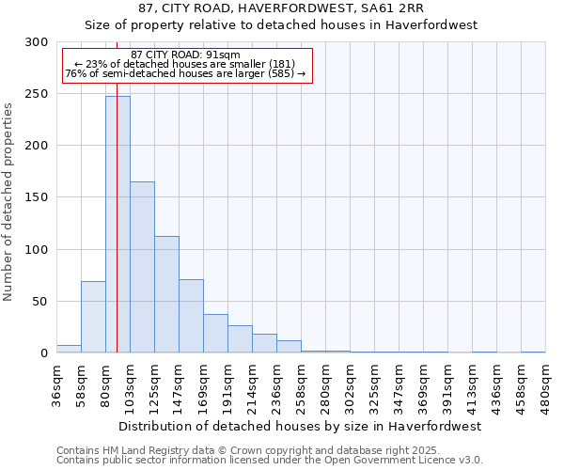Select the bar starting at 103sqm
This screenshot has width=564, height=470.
(x=142, y=268)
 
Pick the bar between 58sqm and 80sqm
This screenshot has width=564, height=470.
(x=93, y=317)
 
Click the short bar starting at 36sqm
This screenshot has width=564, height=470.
(x=69, y=349)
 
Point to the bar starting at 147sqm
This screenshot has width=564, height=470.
(x=191, y=316)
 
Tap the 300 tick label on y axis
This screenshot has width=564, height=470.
(x=37, y=42)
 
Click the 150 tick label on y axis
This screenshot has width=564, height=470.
(x=37, y=197)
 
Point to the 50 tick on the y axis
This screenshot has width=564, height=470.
(x=40, y=302)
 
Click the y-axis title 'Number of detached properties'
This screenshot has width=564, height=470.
(x=8, y=202)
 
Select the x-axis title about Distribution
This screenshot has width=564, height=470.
(x=301, y=426)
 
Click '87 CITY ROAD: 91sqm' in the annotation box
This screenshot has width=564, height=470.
(x=185, y=55)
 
